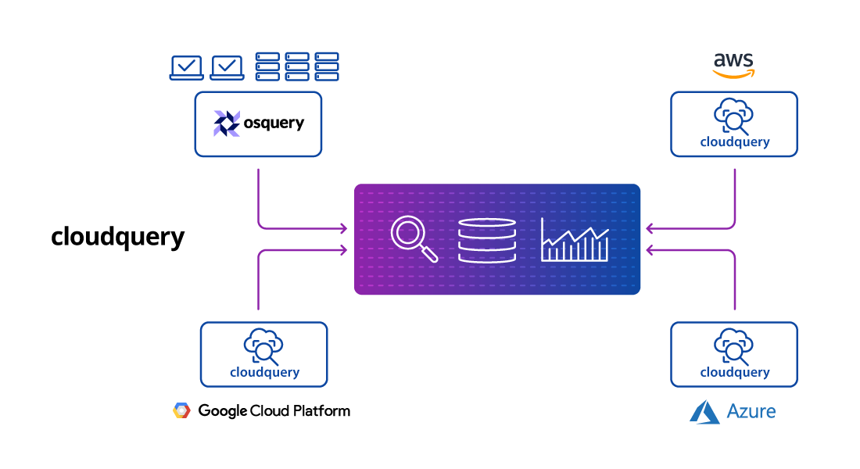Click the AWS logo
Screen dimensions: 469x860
[x=733, y=66]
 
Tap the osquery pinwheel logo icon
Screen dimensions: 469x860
[x=227, y=124]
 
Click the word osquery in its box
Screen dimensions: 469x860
[x=273, y=124]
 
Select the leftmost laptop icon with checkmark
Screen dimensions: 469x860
[x=186, y=68]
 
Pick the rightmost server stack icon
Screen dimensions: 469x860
[x=327, y=66]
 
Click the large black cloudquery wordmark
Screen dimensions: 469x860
[x=118, y=236]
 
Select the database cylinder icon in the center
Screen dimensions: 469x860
[x=487, y=240]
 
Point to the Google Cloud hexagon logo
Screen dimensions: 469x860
[x=181, y=410]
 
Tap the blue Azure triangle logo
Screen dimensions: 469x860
[x=704, y=412]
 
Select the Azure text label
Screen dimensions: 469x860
[x=751, y=411]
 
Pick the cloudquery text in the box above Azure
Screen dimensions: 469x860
[x=734, y=373]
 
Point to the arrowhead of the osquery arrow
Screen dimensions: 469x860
[x=343, y=229]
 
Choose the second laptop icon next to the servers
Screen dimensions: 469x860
[x=227, y=68]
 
